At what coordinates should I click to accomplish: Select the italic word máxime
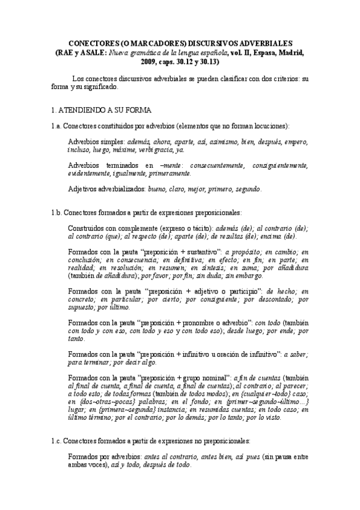click(124, 150)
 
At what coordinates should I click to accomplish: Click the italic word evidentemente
click(90, 173)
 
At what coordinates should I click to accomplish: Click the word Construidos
click(90, 228)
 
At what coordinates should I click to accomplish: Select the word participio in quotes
click(244, 291)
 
